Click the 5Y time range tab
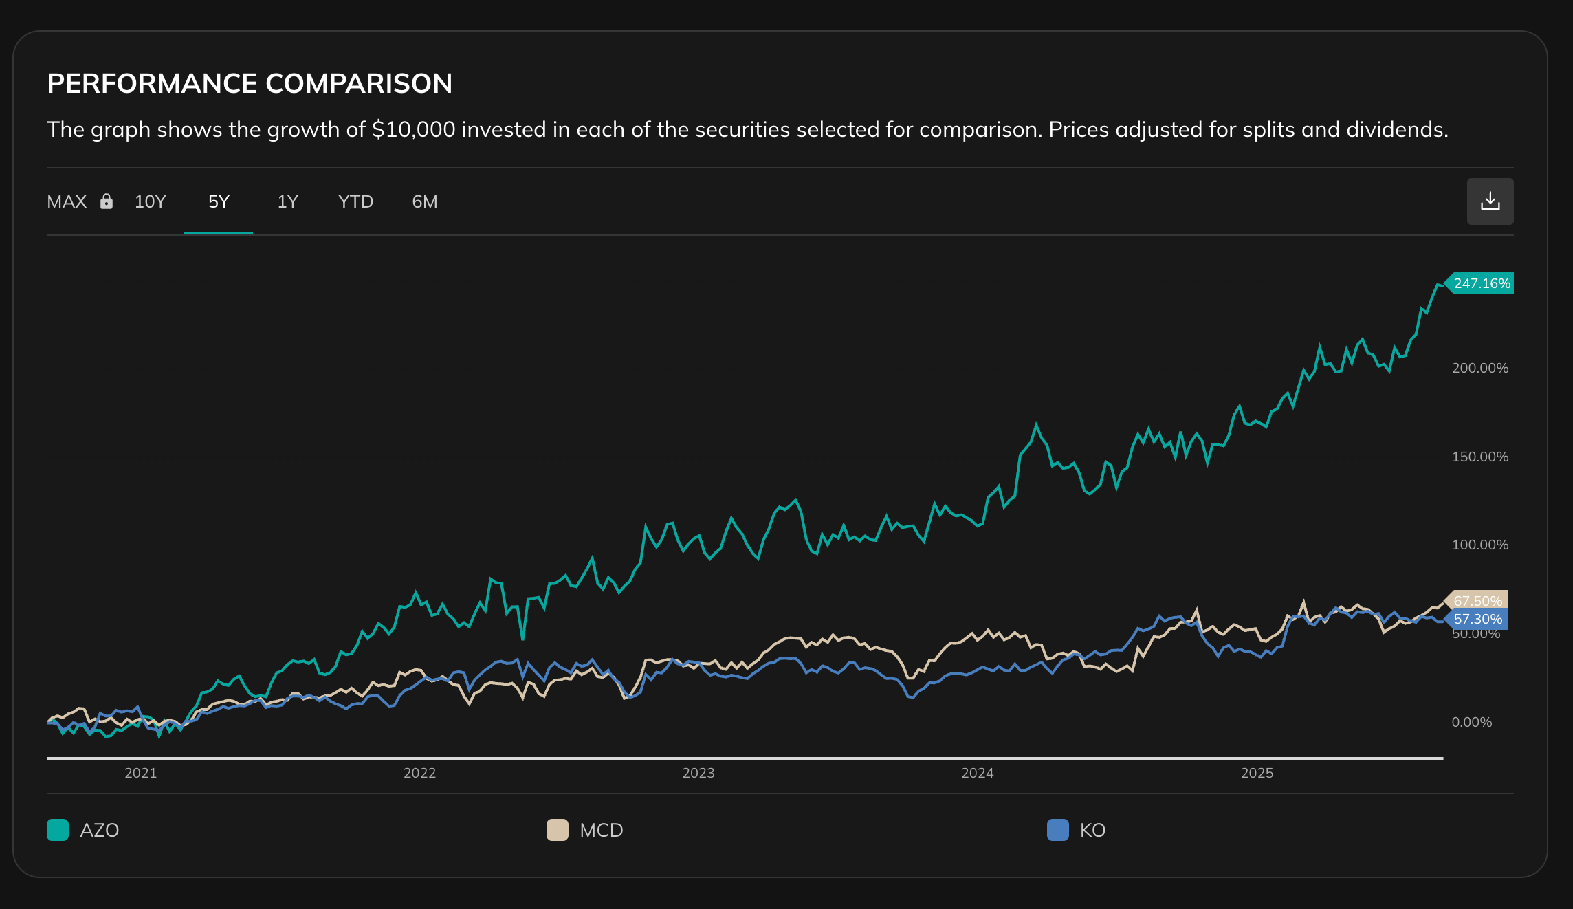(x=219, y=201)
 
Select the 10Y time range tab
(x=150, y=201)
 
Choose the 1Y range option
(x=287, y=201)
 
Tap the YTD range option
(x=355, y=201)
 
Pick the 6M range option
(x=424, y=201)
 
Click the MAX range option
(x=67, y=201)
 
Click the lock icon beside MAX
(x=107, y=201)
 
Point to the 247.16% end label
(x=1481, y=283)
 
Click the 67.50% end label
(x=1477, y=601)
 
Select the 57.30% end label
(x=1477, y=619)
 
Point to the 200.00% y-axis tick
(x=1479, y=368)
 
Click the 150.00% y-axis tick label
(x=1479, y=457)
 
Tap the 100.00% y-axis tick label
(x=1479, y=545)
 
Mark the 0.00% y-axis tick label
(x=1471, y=722)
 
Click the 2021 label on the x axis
(x=141, y=773)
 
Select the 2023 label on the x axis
(x=698, y=773)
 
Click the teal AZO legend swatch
(x=58, y=830)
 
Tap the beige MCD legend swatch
(x=558, y=830)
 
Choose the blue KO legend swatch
(x=1057, y=830)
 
